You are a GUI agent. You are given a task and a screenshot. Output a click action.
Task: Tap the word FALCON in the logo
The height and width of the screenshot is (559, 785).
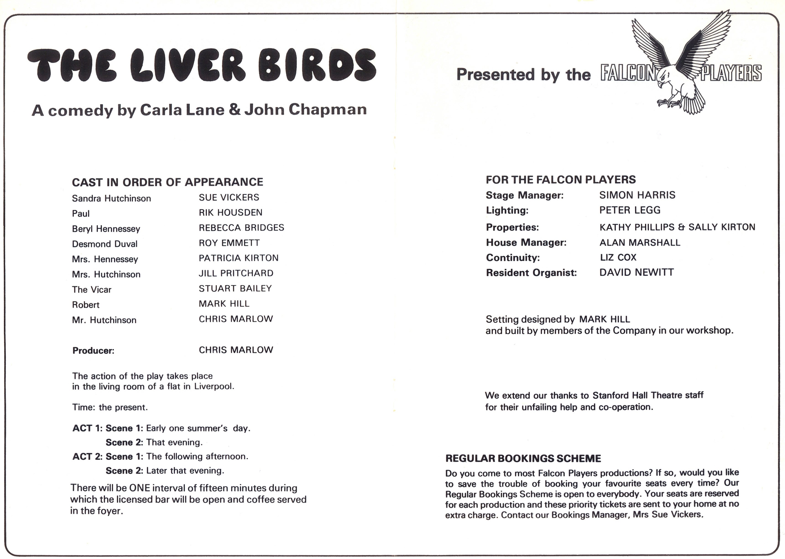tap(628, 73)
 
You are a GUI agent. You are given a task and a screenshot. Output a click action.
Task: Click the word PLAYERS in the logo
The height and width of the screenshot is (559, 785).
tap(731, 73)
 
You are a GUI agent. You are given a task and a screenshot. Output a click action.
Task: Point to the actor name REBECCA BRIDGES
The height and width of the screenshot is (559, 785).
tap(241, 228)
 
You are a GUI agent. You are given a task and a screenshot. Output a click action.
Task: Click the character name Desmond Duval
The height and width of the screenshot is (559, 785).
tap(104, 244)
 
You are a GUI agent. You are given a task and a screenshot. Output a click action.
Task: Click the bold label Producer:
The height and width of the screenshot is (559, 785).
tap(93, 351)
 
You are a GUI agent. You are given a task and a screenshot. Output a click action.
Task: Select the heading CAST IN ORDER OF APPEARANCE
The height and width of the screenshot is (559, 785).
tap(167, 182)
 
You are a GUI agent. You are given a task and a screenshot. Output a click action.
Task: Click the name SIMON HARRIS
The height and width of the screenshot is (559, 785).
tap(637, 195)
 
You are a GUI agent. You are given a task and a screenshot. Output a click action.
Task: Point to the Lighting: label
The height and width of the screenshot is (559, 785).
tap(507, 210)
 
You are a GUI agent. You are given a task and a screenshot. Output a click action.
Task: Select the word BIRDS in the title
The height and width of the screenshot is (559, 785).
tap(317, 66)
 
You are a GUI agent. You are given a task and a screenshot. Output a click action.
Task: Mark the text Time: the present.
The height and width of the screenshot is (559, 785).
tap(110, 407)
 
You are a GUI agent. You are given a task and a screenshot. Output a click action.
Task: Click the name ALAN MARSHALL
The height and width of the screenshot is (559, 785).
tap(639, 242)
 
